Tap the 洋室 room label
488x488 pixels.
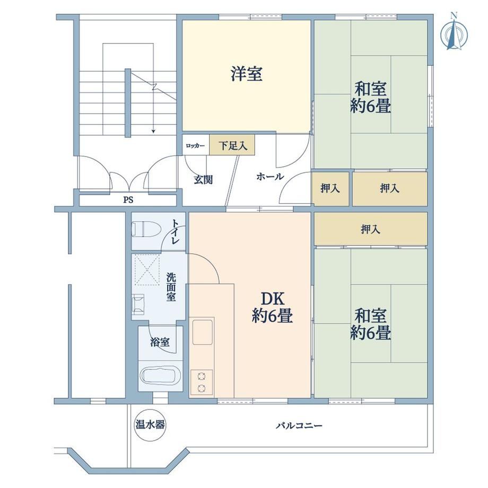[x=247, y=74]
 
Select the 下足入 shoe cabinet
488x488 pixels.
[x=232, y=145]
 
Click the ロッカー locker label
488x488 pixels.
[x=195, y=146]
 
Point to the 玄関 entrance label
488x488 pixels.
[x=203, y=180]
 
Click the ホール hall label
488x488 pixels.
[x=270, y=177]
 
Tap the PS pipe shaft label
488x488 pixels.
[x=128, y=199]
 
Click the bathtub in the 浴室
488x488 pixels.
[x=161, y=376]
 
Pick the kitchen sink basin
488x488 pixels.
[x=203, y=332]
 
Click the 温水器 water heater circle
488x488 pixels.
[x=150, y=424]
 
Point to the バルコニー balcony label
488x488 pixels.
[x=299, y=425]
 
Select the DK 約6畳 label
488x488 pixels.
[x=272, y=307]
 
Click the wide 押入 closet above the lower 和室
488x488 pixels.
[x=370, y=229]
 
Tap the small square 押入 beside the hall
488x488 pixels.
[x=330, y=189]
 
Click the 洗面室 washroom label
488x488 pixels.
[x=171, y=286]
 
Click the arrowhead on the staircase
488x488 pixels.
[x=153, y=131]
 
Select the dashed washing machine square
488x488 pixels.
[x=147, y=270]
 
